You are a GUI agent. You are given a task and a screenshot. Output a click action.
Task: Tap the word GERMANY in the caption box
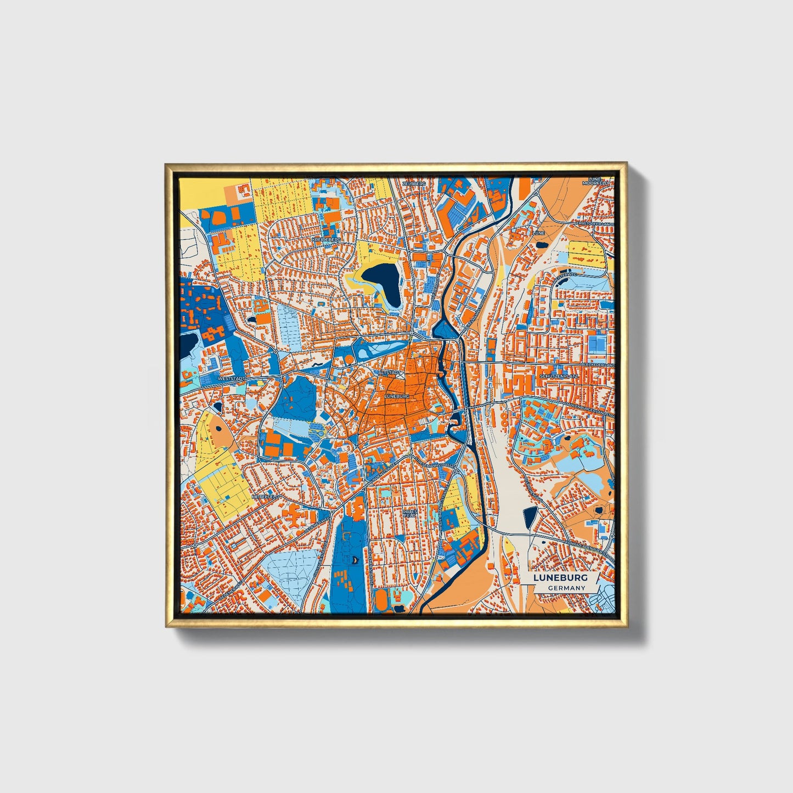point(567,588)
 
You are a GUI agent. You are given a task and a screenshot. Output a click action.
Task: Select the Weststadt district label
point(230,379)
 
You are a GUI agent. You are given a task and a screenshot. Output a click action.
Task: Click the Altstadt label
point(395,373)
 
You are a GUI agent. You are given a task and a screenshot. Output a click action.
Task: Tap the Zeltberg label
point(414,183)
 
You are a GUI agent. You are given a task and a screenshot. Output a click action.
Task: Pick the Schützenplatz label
point(559,376)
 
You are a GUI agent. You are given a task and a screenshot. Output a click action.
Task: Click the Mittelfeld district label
point(265,496)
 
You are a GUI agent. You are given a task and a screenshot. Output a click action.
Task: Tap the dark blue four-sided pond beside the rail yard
point(530,518)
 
